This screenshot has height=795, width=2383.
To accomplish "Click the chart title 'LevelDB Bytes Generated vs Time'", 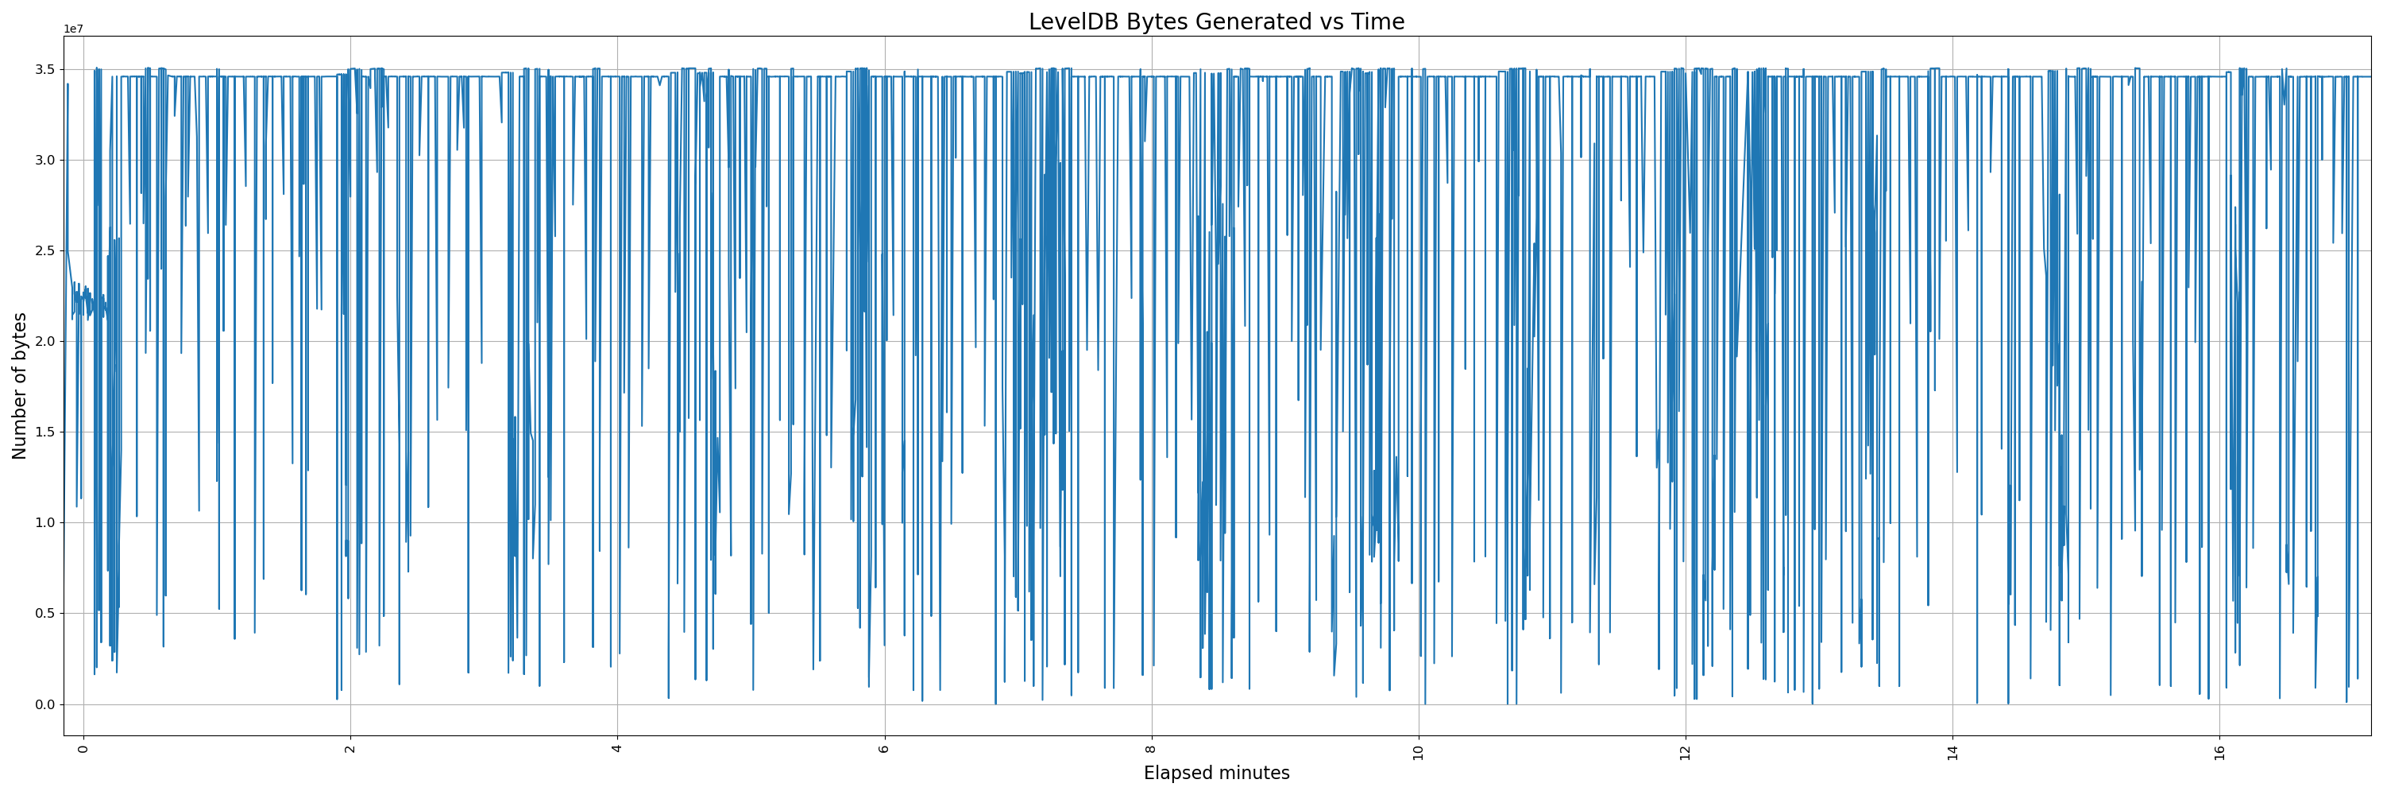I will point(1215,22).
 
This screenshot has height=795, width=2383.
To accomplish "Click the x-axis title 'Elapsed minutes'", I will point(1215,773).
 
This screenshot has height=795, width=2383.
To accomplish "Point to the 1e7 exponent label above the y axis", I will point(73,29).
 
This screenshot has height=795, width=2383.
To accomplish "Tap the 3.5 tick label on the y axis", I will point(44,69).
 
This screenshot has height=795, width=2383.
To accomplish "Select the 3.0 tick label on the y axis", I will point(44,160).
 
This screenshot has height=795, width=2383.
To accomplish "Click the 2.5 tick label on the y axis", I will point(44,250).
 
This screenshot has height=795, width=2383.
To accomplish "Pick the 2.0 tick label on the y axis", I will point(44,342).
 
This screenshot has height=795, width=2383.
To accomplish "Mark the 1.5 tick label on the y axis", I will point(44,432).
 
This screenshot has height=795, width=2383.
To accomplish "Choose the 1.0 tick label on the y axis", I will point(44,523).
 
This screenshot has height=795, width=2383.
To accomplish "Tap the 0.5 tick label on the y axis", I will point(44,614).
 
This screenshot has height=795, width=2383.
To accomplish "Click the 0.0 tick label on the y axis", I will point(44,704).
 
